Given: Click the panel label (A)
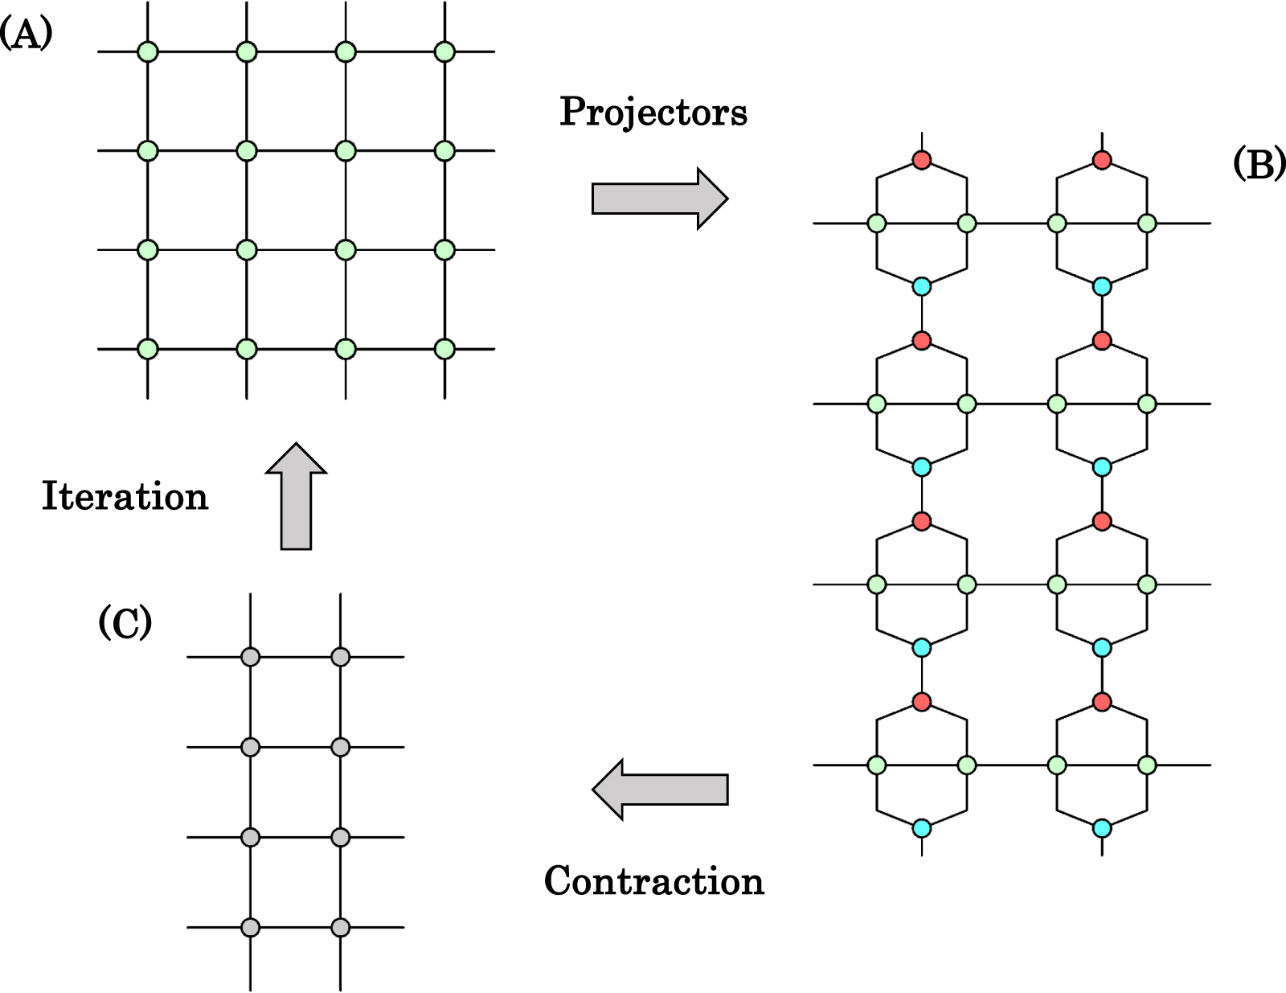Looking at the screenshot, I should (x=26, y=35).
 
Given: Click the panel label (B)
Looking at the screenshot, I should (x=1258, y=165).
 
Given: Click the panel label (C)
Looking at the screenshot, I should (x=125, y=623).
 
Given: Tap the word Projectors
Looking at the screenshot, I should (x=653, y=112).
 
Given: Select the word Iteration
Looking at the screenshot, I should (x=125, y=496).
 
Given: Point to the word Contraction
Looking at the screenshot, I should (x=653, y=881).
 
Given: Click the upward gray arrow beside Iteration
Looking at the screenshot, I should (x=296, y=496).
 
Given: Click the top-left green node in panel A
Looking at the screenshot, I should (x=148, y=51).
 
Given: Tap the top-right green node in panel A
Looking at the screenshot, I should (x=444, y=51).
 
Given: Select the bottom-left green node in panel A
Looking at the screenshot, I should (x=148, y=349).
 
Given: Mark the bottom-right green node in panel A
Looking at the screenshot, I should (x=444, y=349).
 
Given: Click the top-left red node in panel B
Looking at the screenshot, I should (x=922, y=159).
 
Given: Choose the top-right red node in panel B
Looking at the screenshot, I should (x=1102, y=159).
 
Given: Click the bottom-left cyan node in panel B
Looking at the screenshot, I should (x=922, y=827).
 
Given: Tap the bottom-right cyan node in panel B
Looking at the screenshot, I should (x=1102, y=827).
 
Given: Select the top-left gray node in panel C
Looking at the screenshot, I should (x=251, y=657).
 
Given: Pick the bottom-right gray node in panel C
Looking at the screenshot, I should (x=341, y=927).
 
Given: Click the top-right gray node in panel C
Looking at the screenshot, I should (x=341, y=657).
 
